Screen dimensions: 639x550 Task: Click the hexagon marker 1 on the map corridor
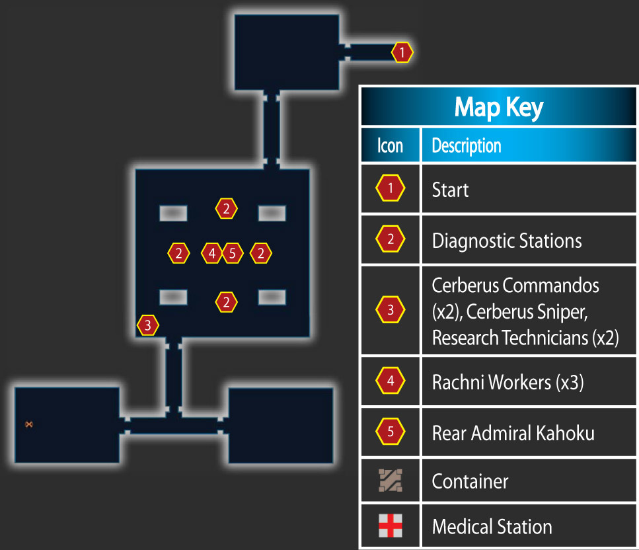(402, 52)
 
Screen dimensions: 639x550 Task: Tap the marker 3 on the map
(147, 325)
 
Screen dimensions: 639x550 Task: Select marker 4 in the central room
(212, 253)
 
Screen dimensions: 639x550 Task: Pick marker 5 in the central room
(233, 253)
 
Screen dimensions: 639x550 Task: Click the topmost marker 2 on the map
(226, 209)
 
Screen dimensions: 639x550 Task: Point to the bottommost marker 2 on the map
(226, 302)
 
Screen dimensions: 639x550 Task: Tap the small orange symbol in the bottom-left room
(28, 424)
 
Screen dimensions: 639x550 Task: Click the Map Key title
(499, 107)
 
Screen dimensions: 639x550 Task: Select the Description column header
(467, 145)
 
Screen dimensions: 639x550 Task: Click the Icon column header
(390, 145)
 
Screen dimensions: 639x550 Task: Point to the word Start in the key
(450, 190)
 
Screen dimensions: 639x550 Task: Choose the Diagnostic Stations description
(507, 241)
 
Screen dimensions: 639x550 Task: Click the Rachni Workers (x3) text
(507, 383)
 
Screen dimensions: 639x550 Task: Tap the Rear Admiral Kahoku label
(513, 433)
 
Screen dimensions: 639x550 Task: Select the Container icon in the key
(391, 481)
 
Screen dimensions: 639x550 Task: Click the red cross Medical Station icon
(391, 526)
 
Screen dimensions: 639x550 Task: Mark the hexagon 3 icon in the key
(391, 310)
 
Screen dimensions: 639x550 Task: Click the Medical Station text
(492, 526)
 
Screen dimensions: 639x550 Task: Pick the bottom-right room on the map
(281, 425)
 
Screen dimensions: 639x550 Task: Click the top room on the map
(287, 52)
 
